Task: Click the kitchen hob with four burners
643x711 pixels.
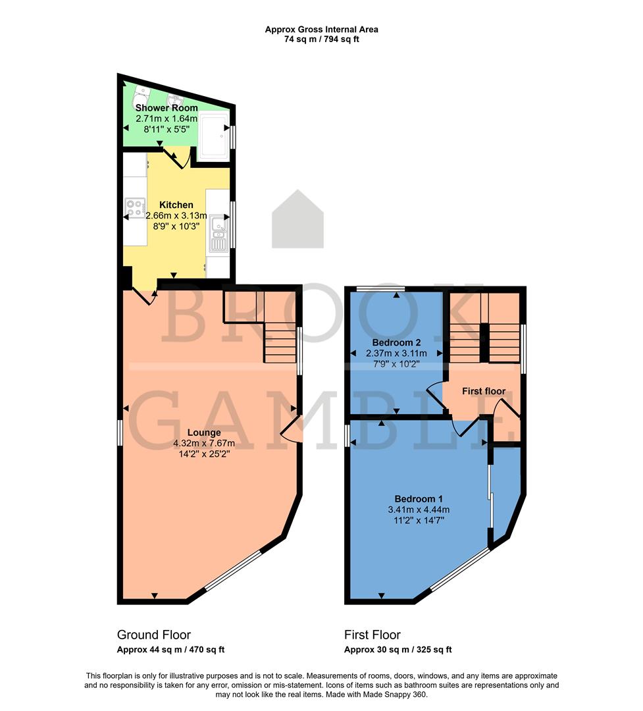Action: click(x=135, y=209)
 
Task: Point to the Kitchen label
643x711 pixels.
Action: click(x=176, y=205)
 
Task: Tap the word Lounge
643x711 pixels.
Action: click(x=206, y=433)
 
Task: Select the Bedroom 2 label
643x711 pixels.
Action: click(x=396, y=342)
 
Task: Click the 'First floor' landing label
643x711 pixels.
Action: click(x=484, y=391)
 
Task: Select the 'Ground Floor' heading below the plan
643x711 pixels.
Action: click(x=154, y=635)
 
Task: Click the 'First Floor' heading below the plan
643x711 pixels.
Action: click(x=373, y=635)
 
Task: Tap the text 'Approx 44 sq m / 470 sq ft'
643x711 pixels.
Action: click(x=171, y=650)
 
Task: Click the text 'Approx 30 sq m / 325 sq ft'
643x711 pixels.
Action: click(x=398, y=650)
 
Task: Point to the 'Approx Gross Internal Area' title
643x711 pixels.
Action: click(x=321, y=29)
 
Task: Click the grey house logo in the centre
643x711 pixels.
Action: click(x=297, y=219)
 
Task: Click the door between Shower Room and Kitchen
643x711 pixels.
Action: click(x=176, y=157)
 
